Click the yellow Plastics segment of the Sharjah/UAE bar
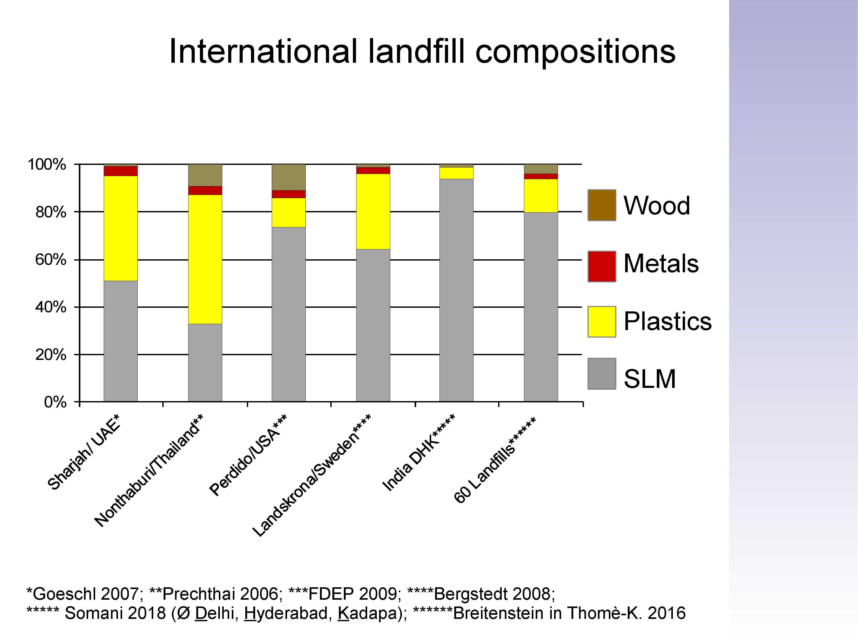(x=121, y=228)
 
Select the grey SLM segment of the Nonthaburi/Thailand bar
(x=205, y=363)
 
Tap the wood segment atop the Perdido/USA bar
(x=289, y=177)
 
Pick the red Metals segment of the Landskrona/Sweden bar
(x=373, y=171)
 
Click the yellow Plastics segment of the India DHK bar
(x=457, y=173)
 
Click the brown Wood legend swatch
(x=602, y=205)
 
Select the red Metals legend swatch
(x=602, y=267)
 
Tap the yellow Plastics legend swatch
(x=602, y=321)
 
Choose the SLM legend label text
(x=650, y=379)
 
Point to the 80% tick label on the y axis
(x=51, y=212)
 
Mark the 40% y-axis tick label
(x=51, y=307)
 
